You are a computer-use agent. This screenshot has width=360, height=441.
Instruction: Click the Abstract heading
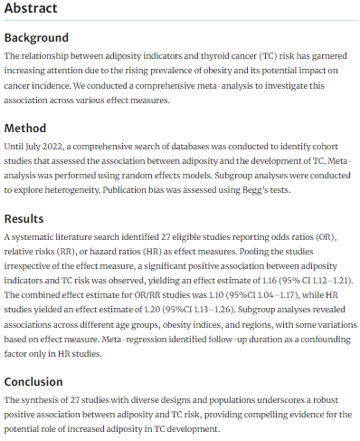pos(31,10)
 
